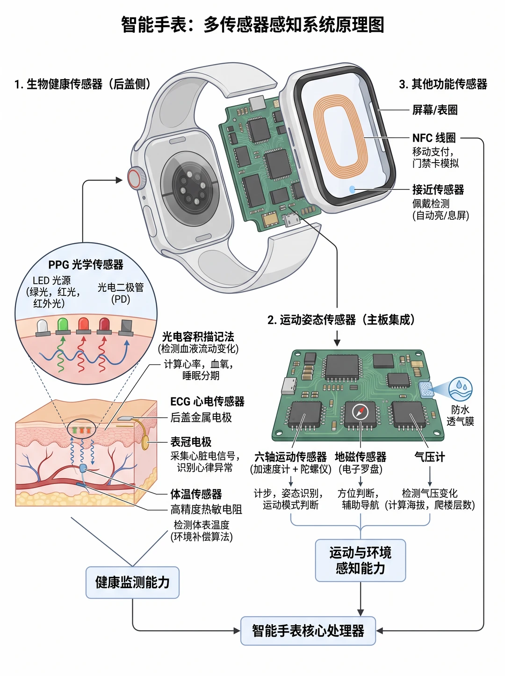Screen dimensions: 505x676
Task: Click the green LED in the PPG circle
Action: coord(63,326)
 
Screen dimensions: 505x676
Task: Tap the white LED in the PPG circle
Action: coord(43,327)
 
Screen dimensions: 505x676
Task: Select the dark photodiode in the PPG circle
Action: coord(126,327)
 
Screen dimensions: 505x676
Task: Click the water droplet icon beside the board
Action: coord(461,389)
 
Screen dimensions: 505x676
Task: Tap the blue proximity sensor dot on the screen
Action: coord(352,189)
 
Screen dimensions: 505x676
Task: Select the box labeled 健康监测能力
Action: coord(132,583)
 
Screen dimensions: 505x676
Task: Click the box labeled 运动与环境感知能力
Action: coord(360,560)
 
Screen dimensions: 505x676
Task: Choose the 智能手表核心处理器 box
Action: coord(308,631)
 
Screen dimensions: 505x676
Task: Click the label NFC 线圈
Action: coord(434,137)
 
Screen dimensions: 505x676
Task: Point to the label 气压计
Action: coord(430,457)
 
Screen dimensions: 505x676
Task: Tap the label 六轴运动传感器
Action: coord(291,457)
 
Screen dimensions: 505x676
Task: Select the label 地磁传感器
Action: coord(361,457)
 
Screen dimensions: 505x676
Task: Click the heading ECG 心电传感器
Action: coord(207,402)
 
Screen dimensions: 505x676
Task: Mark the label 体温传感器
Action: coord(196,494)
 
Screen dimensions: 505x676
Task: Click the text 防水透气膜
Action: coord(461,416)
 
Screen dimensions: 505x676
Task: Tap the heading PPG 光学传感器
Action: coord(86,264)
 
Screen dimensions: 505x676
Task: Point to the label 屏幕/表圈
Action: coord(435,110)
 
